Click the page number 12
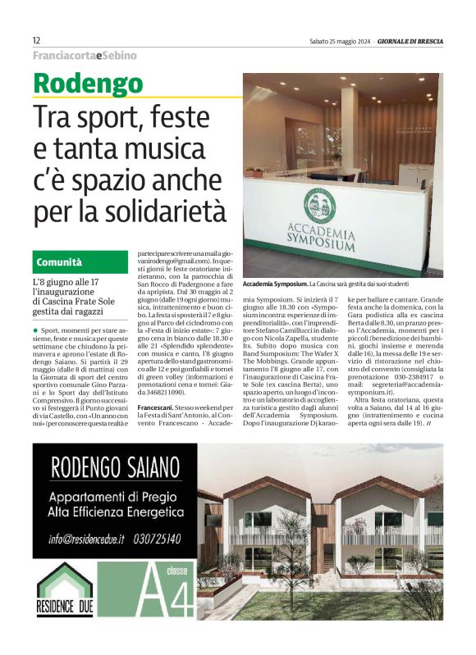(x=37, y=40)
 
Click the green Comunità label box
(x=80, y=262)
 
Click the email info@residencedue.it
(x=85, y=539)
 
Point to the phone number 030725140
(x=161, y=539)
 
